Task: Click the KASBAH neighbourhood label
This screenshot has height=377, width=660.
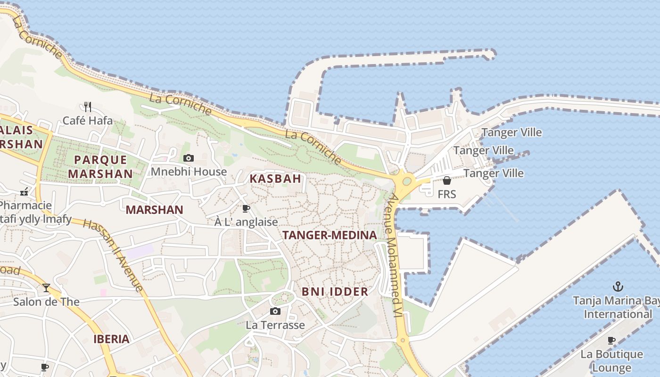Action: (x=275, y=179)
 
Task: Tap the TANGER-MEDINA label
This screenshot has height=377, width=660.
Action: (x=330, y=235)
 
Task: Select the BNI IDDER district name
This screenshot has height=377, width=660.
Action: (x=335, y=292)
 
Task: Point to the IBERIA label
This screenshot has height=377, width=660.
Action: (x=111, y=339)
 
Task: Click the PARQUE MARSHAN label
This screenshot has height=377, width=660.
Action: (x=100, y=167)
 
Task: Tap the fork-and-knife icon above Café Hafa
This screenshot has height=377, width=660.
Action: (x=87, y=107)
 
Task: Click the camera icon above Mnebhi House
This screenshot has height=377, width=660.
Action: (x=189, y=158)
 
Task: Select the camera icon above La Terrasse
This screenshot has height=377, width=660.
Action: (x=275, y=311)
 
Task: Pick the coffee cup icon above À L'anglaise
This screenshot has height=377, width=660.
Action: (x=246, y=208)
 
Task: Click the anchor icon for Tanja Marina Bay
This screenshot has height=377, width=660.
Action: (x=617, y=286)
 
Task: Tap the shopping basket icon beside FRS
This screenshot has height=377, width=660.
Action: (x=446, y=180)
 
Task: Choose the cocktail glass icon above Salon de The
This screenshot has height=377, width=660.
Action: (x=46, y=287)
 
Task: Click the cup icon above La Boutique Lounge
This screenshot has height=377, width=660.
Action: (x=611, y=340)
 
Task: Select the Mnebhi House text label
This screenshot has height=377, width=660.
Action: (x=189, y=172)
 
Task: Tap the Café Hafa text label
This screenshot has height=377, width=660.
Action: (x=88, y=121)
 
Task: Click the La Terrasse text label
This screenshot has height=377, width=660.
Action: (x=275, y=325)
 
